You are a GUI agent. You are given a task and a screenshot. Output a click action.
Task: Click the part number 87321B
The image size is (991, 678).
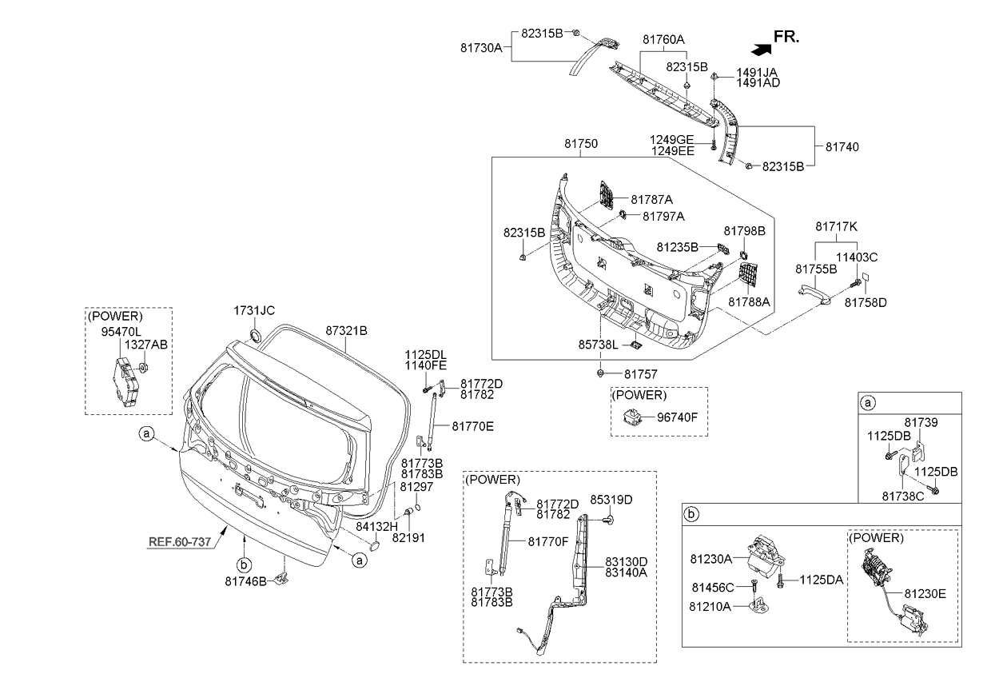pos(346,330)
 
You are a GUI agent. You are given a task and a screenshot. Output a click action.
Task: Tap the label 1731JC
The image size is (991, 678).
pos(254,310)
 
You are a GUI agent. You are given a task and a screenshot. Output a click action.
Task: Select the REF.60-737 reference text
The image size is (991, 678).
pos(180,541)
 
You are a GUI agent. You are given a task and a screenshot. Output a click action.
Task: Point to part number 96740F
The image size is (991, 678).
pos(678,417)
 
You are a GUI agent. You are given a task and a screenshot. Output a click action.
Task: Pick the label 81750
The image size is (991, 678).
pos(581,145)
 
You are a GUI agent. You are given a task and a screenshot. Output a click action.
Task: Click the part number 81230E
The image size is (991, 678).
pos(925,594)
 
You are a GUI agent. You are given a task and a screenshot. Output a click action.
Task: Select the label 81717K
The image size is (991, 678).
pos(836,226)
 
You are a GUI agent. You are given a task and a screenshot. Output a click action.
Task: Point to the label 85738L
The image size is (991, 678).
pos(599,346)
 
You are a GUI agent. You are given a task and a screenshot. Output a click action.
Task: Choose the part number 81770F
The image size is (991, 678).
pos(548,541)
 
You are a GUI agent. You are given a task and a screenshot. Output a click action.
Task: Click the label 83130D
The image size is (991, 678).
pos(626,561)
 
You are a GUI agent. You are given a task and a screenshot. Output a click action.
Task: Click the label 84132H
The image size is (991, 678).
pos(376,527)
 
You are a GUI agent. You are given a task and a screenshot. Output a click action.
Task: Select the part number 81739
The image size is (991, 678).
pos(921,422)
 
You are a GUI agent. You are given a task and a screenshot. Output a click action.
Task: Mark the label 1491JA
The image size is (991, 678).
pos(758,71)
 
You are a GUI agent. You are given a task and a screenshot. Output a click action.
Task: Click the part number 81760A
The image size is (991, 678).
pos(663,38)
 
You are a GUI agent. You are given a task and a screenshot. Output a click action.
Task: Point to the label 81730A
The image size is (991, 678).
pos(481,48)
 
